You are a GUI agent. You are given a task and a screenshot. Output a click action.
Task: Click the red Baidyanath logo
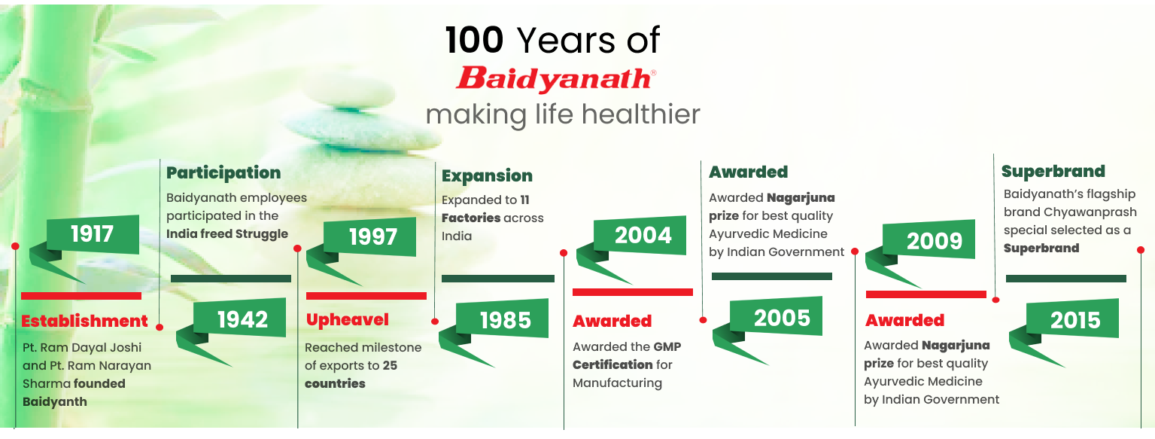tap(556, 78)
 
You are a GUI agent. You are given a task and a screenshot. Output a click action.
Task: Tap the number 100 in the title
tap(474, 40)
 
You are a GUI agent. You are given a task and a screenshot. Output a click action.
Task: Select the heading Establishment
tap(84, 321)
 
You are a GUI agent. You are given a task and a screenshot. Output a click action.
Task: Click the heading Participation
tap(223, 173)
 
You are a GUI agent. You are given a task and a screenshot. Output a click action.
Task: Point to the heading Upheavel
tap(348, 320)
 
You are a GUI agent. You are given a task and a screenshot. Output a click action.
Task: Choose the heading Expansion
tap(487, 175)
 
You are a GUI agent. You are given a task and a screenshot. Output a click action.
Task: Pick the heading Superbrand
tap(1053, 171)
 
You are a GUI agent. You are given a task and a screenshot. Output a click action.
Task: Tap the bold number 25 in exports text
tap(390, 365)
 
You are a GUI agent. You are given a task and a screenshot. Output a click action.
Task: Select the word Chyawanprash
tap(1090, 212)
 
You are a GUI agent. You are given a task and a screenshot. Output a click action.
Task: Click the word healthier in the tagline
tap(641, 114)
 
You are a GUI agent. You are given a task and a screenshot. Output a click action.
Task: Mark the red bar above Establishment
tap(81, 296)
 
